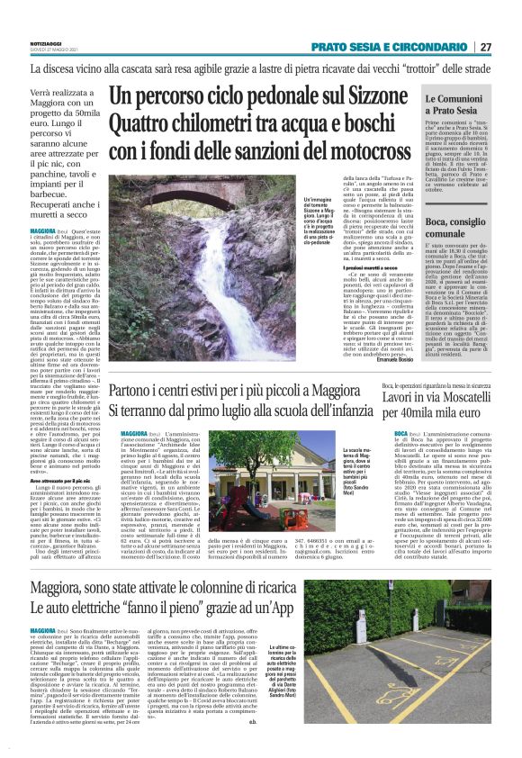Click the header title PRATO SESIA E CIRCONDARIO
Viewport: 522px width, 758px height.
click(391, 47)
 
